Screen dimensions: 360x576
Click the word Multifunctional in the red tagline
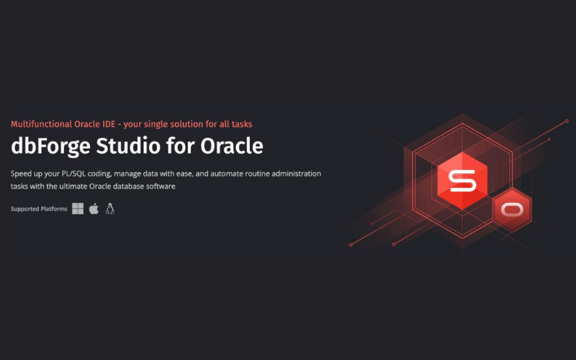(x=40, y=124)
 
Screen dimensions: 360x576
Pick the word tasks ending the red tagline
(x=240, y=124)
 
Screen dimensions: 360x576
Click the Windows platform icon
(x=78, y=209)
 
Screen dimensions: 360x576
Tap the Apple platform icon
(x=94, y=209)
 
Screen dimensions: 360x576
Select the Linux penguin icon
(x=110, y=209)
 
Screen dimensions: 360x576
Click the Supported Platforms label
(x=39, y=210)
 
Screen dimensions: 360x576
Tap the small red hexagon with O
(x=511, y=209)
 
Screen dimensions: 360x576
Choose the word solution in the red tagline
(x=192, y=124)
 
